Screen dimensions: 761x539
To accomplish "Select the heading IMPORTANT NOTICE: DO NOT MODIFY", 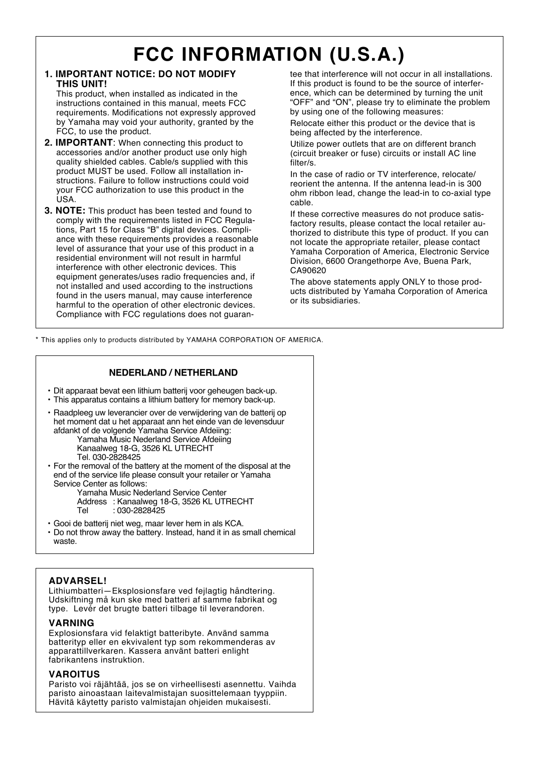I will point(145,74).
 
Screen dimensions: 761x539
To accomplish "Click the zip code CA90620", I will point(308,271).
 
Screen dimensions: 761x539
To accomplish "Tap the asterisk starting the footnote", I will point(37,339).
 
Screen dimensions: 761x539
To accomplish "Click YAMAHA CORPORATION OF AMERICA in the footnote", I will point(254,340).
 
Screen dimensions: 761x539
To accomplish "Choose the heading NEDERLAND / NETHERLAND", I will point(173,372).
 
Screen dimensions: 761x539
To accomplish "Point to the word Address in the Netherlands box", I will point(92,501).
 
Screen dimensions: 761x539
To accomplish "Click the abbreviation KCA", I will point(234,523).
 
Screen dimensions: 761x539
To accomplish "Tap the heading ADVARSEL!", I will point(78,581).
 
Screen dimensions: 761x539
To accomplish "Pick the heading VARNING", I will point(71,623).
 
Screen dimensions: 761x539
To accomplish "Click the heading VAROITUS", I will point(74,674).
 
